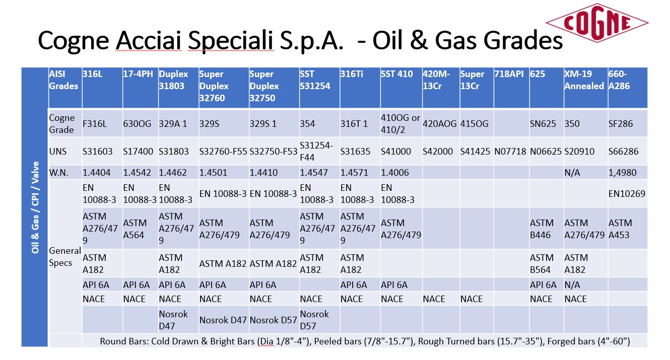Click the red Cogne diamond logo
pos(597,23)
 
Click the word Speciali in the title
pos(231,41)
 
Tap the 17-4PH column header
pos(138,74)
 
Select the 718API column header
pos(509,74)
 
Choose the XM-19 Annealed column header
pos(584,80)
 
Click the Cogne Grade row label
pos(61,124)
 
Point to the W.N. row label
pos(58,173)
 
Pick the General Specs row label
pos(65,257)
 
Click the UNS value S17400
pos(138,151)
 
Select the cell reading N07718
pos(510,151)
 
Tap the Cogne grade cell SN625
pos(543,124)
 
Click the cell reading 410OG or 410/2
pos(400,124)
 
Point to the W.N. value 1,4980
pos(623,173)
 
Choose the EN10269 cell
pos(627,194)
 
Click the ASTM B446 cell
pos(542,229)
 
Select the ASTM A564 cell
pos(135,229)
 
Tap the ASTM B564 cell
pos(542,264)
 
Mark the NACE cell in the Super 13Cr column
pos(472,299)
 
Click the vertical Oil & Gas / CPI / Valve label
pos(35,207)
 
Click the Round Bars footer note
pos(365,341)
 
